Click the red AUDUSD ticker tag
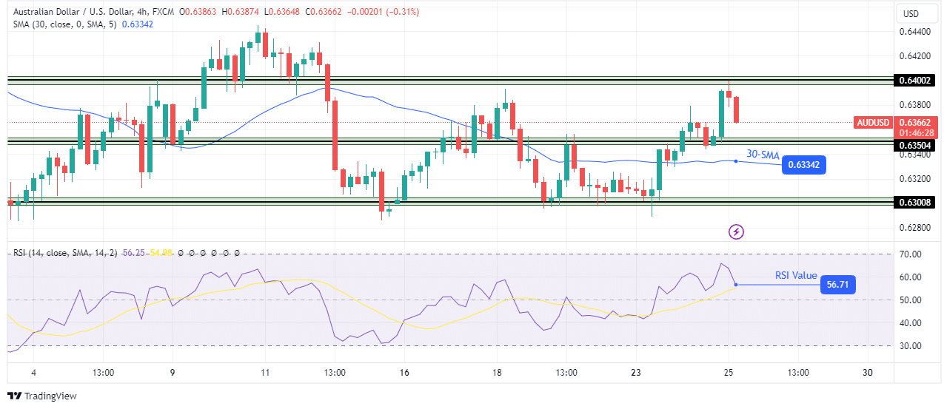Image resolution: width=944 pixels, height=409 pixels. point(873,122)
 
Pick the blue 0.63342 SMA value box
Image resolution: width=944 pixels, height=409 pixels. point(806,165)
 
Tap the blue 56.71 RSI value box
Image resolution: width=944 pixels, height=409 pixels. point(837,285)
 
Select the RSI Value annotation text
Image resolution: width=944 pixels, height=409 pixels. point(796,276)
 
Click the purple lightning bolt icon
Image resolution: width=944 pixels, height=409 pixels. point(737,232)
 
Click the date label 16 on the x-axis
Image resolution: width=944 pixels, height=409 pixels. point(404,372)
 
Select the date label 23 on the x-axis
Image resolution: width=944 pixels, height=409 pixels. point(635,372)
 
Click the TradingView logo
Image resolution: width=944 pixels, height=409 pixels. point(42,396)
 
